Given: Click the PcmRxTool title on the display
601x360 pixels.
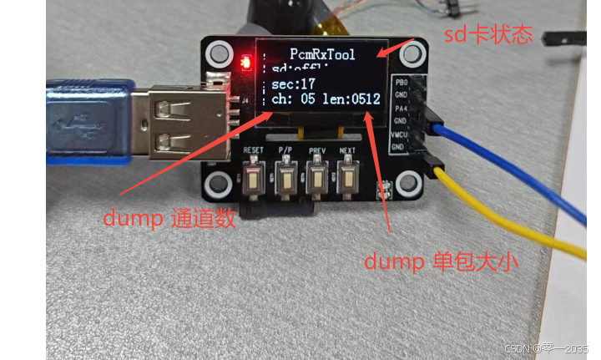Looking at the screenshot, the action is (x=322, y=54).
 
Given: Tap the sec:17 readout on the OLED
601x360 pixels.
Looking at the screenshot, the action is (x=288, y=84).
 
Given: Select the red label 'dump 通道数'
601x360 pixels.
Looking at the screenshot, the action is (x=169, y=218).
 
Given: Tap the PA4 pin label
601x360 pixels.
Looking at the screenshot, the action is (x=402, y=108).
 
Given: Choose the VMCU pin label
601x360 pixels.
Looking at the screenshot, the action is (x=400, y=134).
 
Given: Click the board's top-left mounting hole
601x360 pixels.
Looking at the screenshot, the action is (x=220, y=54).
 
